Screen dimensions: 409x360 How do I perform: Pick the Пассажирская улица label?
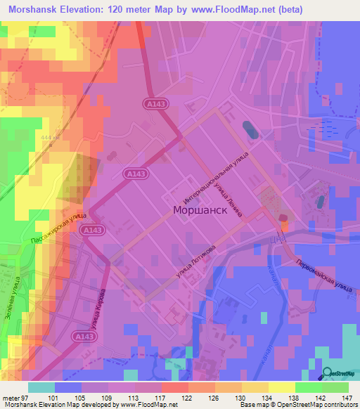[59, 228]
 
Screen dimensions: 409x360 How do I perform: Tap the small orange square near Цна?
[285, 225]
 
